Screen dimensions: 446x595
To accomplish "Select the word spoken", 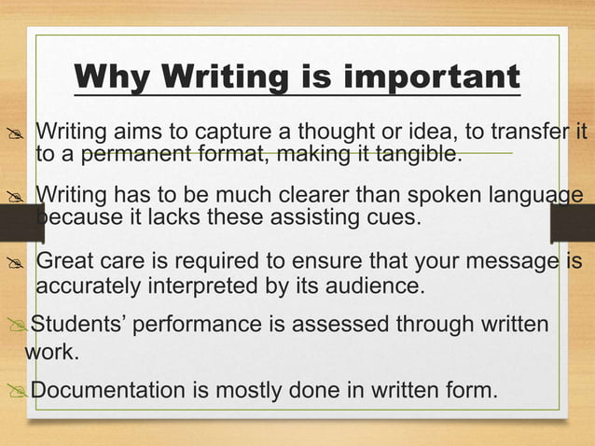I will click(446, 196).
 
